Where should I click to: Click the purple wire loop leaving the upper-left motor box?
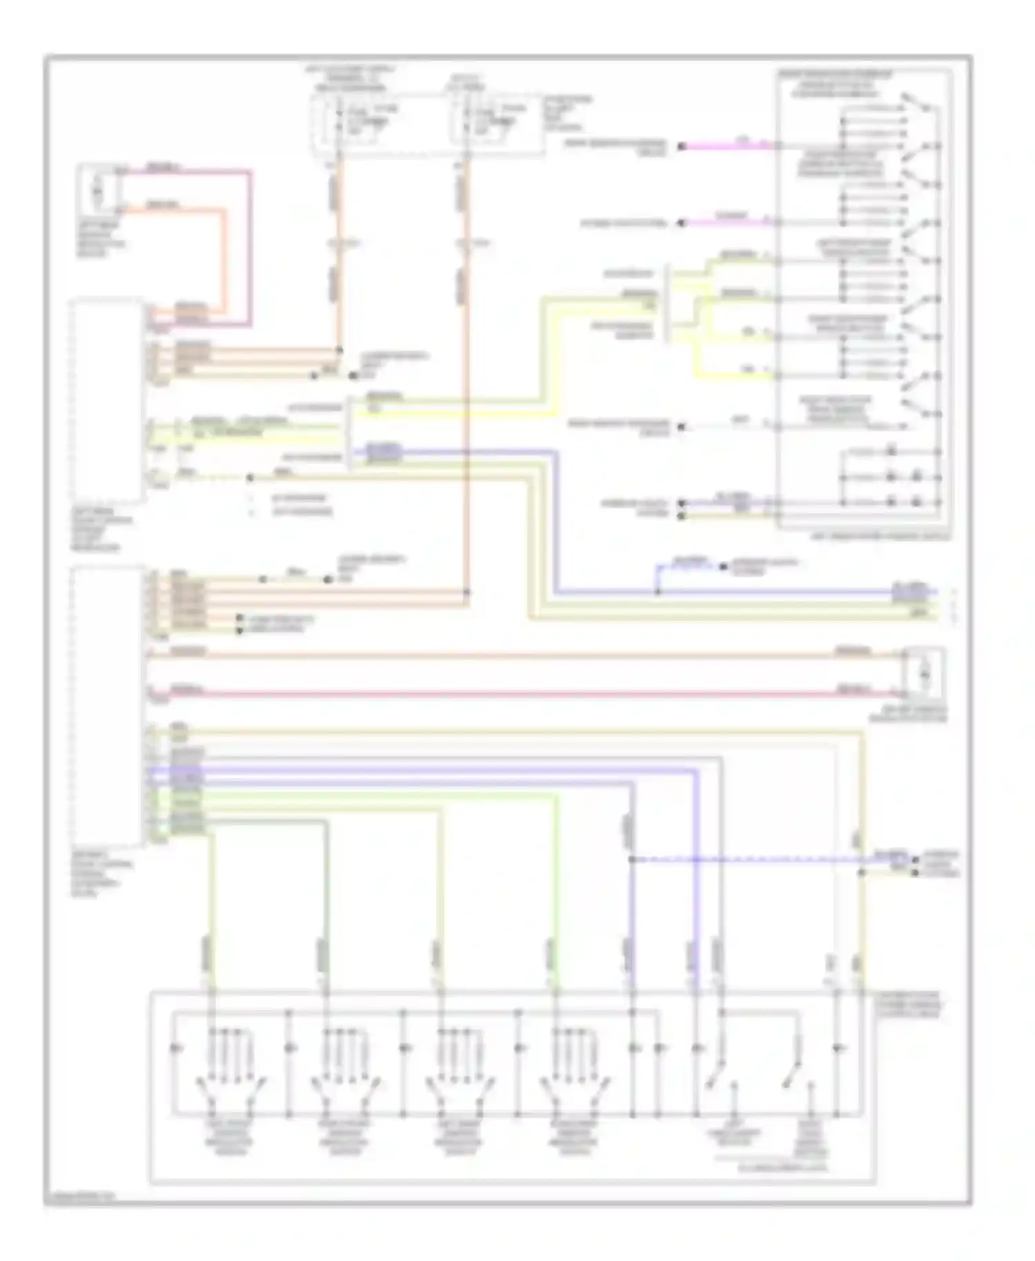(250, 241)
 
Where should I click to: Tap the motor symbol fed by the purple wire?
(98, 187)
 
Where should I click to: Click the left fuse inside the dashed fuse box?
(338, 119)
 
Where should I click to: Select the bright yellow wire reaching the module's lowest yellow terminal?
(731, 375)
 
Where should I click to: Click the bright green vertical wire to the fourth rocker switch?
(554, 897)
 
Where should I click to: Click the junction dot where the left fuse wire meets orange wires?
(339, 350)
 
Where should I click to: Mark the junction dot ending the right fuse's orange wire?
(467, 592)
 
